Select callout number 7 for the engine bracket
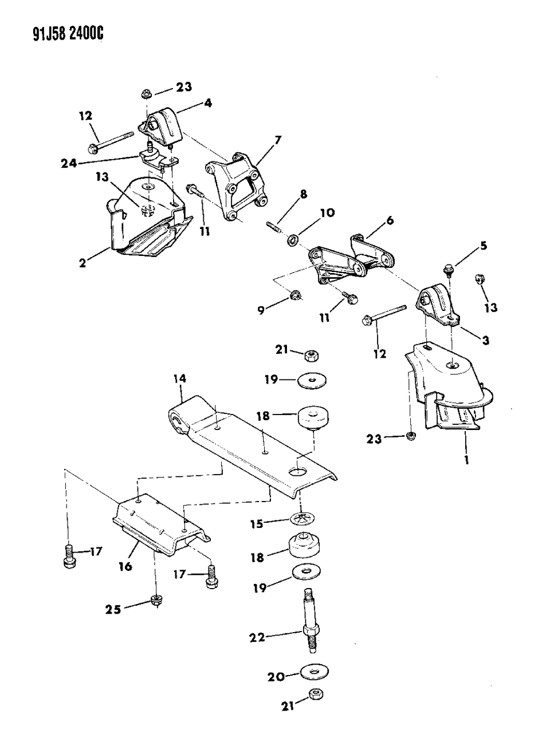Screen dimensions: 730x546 [x=278, y=140]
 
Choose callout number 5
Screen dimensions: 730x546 [x=484, y=246]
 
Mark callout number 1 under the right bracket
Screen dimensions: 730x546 [x=466, y=459]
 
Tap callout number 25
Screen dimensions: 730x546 [x=113, y=609]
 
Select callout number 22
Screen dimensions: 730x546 [x=257, y=637]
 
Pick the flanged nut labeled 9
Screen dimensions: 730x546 [x=296, y=295]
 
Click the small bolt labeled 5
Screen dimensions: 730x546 [x=449, y=267]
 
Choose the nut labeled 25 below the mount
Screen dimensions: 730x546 [x=155, y=599]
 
